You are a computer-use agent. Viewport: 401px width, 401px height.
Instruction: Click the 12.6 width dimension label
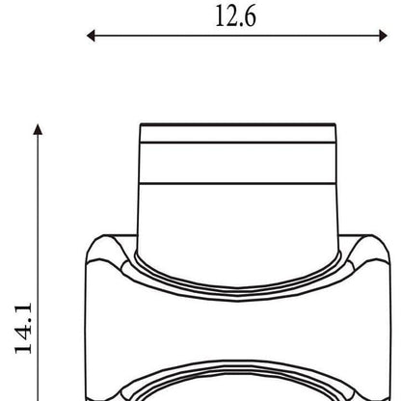236,15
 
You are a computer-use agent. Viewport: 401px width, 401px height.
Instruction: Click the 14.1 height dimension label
23,328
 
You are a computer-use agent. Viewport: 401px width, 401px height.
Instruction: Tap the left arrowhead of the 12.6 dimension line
91,36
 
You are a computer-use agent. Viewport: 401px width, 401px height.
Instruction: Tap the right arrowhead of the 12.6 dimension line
384,36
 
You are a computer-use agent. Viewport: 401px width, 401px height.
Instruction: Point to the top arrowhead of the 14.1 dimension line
38,129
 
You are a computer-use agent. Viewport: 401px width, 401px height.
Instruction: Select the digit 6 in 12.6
250,16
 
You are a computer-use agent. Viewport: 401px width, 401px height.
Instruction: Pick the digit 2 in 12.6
230,16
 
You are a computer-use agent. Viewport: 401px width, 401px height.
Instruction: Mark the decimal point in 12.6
240,25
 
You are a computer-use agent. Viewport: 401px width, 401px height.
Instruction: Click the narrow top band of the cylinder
238,134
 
